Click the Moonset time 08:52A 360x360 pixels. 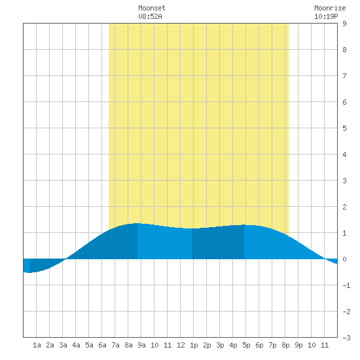pyautogui.click(x=150, y=16)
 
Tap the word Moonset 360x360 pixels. pyautogui.click(x=152, y=8)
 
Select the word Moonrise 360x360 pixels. pyautogui.click(x=330, y=8)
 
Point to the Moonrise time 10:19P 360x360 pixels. pyautogui.click(x=326, y=16)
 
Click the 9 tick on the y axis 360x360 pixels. pyautogui.click(x=344, y=24)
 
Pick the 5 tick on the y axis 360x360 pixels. pyautogui.click(x=344, y=128)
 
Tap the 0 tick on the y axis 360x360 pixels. pyautogui.click(x=344, y=259)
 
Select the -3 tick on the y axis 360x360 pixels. pyautogui.click(x=346, y=338)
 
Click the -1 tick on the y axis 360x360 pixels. pyautogui.click(x=346, y=285)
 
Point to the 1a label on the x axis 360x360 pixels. pyautogui.click(x=37, y=345)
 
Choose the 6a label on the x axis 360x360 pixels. pyautogui.click(x=102, y=345)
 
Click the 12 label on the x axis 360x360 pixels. pyautogui.click(x=181, y=345)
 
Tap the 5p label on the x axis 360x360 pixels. pyautogui.click(x=246, y=345)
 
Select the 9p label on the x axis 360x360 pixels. pyautogui.click(x=298, y=345)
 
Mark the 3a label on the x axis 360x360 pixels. pyautogui.click(x=63, y=345)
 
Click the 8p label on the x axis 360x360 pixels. pyautogui.click(x=285, y=345)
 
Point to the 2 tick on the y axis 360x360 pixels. pyautogui.click(x=344, y=207)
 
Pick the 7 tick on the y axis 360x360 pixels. pyautogui.click(x=344, y=76)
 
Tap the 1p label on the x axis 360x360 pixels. pyautogui.click(x=194, y=345)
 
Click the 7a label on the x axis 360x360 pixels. pyautogui.click(x=115, y=345)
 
